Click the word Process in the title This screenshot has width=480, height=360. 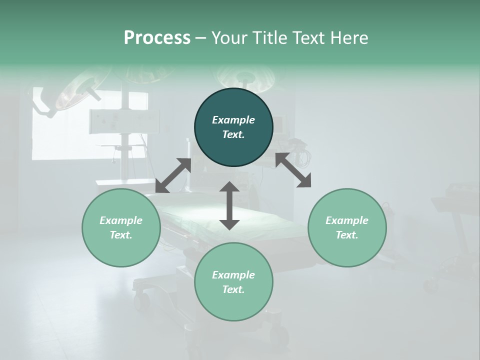157,38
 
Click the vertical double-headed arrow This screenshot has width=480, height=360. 229,205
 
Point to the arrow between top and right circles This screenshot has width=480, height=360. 293,170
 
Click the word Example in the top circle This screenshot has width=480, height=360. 233,120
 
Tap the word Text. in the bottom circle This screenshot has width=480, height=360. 233,289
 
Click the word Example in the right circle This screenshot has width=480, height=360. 347,220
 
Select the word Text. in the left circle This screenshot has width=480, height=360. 121,235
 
